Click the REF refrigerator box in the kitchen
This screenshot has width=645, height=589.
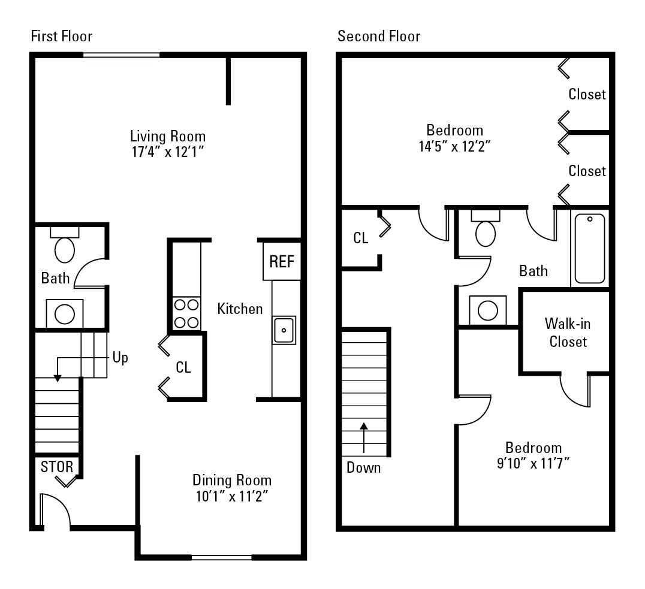coord(281,261)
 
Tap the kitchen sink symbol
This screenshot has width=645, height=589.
coord(284,330)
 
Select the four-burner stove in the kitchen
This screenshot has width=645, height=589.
coord(186,313)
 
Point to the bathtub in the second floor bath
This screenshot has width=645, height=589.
coord(590,249)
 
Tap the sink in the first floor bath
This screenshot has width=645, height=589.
coord(64,313)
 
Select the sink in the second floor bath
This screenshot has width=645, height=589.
coord(487,310)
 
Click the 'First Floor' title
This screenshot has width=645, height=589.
coord(61,37)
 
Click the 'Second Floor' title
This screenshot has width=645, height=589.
coord(379,37)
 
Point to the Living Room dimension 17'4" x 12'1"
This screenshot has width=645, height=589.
coord(168,152)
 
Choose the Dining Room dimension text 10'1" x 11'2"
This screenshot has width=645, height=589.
coord(231,496)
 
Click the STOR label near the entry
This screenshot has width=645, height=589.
coord(56,467)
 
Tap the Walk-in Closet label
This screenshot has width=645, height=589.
coord(568,333)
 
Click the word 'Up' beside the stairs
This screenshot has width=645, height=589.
coord(120,358)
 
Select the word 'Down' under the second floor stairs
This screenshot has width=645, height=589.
coord(363,467)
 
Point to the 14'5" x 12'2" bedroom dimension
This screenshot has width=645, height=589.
coord(454,146)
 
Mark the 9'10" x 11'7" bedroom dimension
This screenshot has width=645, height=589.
coord(533,463)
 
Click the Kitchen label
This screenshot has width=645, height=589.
coord(240,309)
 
